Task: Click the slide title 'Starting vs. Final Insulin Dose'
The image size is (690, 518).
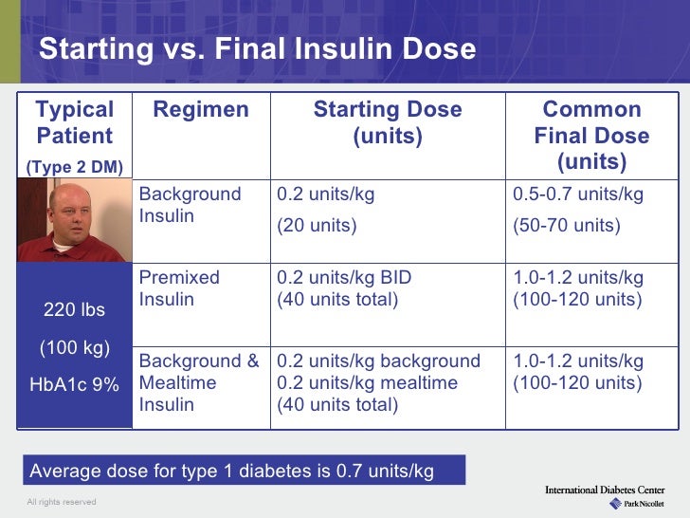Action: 257,48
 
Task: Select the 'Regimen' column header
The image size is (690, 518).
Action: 201,110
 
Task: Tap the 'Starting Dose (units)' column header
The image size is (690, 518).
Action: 388,123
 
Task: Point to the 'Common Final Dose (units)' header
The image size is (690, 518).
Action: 591,136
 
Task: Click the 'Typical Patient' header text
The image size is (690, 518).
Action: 74,122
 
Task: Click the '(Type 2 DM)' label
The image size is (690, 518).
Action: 74,167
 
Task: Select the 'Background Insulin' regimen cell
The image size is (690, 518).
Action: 190,205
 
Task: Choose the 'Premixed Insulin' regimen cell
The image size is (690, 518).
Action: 179,289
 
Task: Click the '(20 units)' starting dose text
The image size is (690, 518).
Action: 317,226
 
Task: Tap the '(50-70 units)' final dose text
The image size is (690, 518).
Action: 566,226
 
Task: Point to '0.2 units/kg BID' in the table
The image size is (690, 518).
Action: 343,279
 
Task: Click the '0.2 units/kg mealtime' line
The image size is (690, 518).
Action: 367,383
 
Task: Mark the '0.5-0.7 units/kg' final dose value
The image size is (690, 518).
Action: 578,195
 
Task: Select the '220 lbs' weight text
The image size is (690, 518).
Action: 75,310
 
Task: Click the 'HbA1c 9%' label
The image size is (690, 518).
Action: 75,384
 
